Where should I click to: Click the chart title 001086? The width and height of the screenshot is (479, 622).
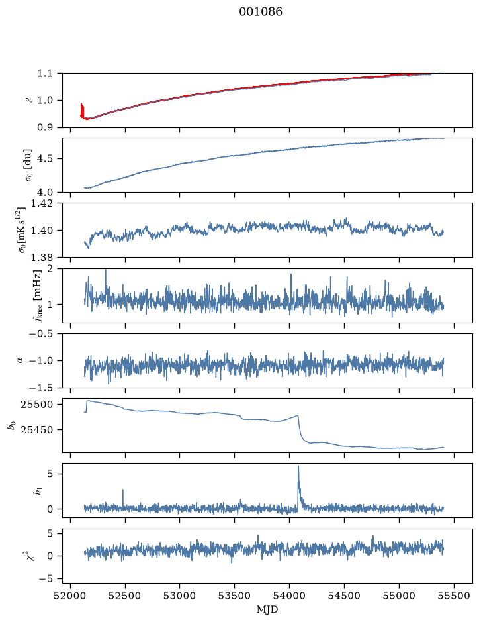[261, 12]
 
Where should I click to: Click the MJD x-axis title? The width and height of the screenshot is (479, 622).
[267, 609]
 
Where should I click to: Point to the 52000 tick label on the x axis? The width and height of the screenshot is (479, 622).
[71, 596]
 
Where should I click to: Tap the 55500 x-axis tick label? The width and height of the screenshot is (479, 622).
[454, 596]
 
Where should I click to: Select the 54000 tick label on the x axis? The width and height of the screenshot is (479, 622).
[290, 596]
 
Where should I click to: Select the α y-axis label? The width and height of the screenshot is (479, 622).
[21, 360]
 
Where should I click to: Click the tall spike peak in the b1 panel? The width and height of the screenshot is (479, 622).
[298, 466]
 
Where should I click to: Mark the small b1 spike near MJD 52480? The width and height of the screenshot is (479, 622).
[123, 491]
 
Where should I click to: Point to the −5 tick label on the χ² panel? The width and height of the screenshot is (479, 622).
[46, 579]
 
